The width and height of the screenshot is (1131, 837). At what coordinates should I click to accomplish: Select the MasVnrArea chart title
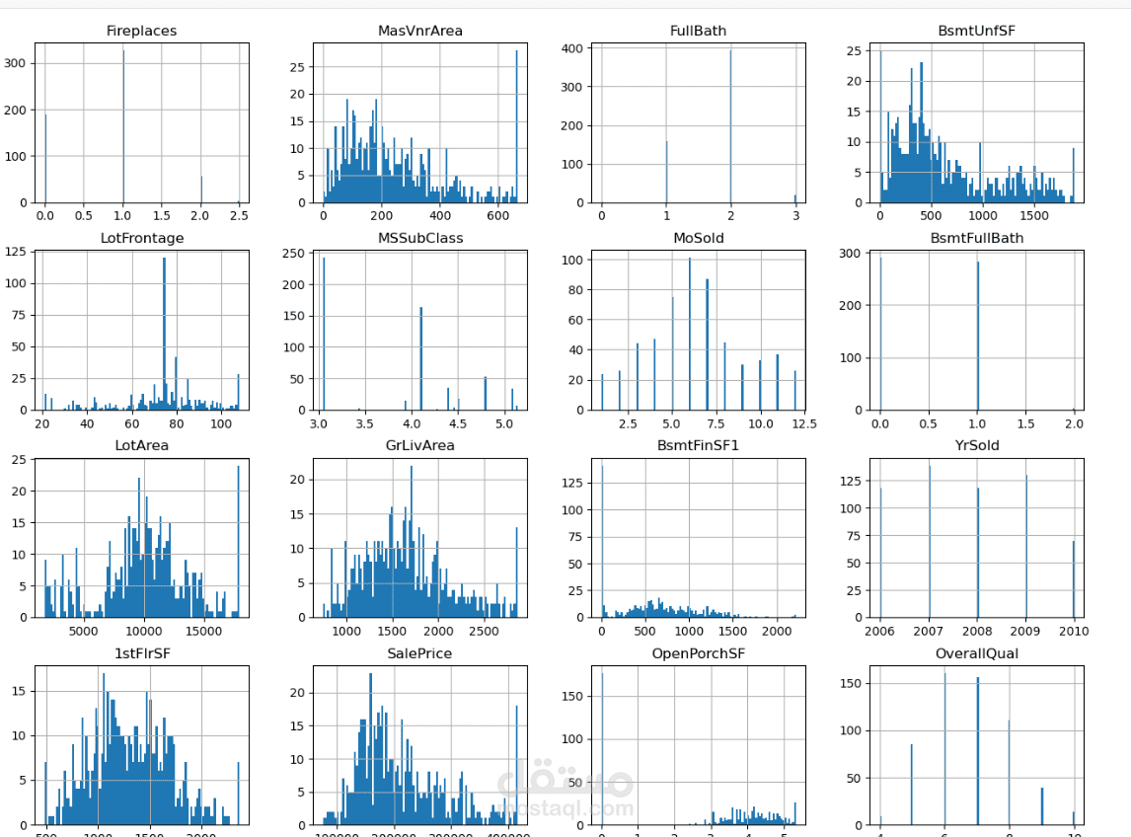pyautogui.click(x=419, y=31)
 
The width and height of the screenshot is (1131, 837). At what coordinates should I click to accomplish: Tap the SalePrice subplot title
pyautogui.click(x=419, y=653)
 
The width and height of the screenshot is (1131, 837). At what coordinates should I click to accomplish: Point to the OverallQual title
pyautogui.click(x=977, y=653)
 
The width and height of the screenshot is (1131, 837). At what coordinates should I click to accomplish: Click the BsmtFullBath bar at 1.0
pyautogui.click(x=978, y=336)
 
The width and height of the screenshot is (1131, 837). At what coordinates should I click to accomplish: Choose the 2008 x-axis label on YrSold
pyautogui.click(x=978, y=632)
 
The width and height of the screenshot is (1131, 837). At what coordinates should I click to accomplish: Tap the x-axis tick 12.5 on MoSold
pyautogui.click(x=803, y=423)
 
